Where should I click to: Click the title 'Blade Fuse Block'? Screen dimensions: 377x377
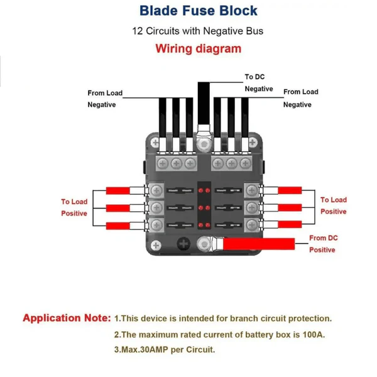(198, 11)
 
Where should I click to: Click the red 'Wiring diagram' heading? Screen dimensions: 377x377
(198, 48)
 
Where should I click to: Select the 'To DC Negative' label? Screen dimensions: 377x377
(258, 83)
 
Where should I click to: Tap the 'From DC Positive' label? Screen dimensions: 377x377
(322, 244)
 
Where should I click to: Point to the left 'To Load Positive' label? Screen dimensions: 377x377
(74, 207)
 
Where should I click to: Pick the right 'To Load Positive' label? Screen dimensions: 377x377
(333, 205)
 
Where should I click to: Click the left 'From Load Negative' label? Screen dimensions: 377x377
(104, 99)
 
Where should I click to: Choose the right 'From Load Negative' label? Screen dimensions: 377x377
(300, 98)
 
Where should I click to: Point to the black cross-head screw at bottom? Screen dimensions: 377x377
(183, 244)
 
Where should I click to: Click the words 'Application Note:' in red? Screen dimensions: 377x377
(67, 318)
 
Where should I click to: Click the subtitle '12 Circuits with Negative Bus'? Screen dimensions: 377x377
(198, 31)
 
